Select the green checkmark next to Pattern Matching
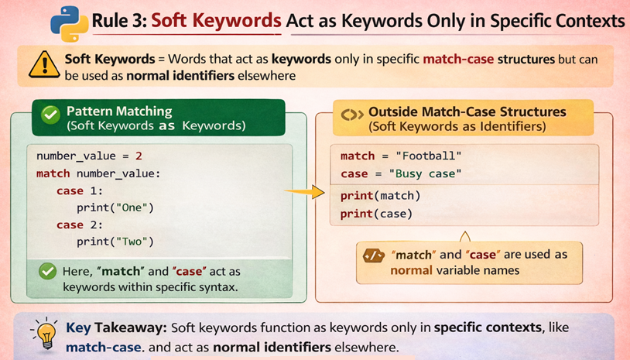pos(50,115)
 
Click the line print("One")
pos(115,207)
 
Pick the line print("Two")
pos(115,242)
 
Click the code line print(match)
pos(380,195)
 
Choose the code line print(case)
pos(377,213)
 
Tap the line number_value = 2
pos(89,156)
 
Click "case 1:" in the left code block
pos(80,190)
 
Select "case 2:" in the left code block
pos(80,225)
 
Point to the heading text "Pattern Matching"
pos(118,111)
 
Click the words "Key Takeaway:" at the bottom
pos(118,327)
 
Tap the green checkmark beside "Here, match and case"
pos(48,271)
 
